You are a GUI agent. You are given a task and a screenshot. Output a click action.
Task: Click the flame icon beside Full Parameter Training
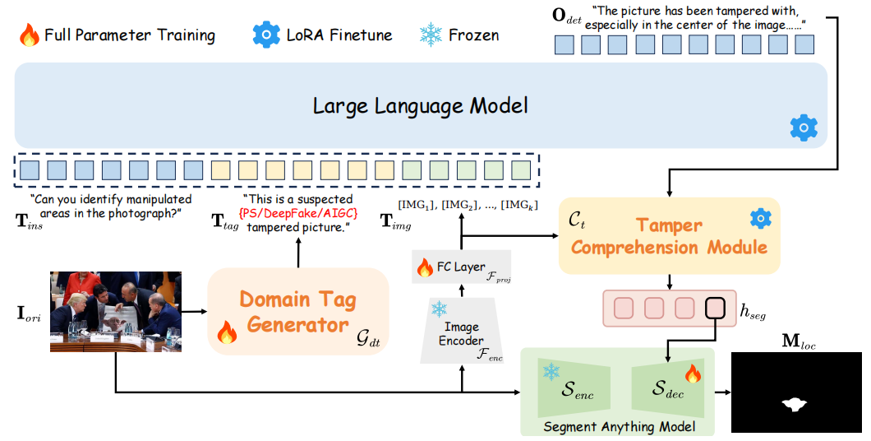(29, 35)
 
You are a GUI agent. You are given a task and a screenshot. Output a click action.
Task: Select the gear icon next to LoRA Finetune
(266, 35)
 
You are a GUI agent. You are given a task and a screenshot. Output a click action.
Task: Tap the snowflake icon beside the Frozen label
(430, 35)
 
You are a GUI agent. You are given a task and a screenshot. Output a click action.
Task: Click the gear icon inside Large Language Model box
(803, 128)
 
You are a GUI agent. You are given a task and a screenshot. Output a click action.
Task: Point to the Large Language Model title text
(420, 106)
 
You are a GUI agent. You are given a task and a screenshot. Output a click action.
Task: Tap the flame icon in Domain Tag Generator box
(225, 333)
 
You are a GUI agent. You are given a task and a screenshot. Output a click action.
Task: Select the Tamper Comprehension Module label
(669, 236)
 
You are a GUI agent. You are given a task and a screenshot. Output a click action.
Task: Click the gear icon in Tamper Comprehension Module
(760, 218)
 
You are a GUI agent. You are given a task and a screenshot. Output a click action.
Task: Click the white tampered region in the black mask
(795, 403)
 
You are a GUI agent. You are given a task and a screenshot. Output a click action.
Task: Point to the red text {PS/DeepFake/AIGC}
(297, 213)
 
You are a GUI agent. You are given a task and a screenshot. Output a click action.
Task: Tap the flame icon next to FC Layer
(425, 267)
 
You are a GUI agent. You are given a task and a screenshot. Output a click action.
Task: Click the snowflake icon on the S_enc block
(551, 371)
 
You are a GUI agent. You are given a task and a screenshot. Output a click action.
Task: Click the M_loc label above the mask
(795, 340)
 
